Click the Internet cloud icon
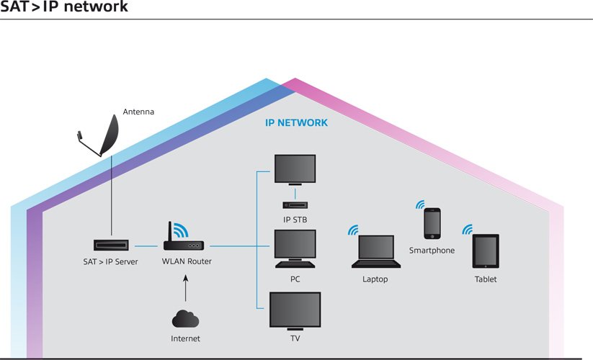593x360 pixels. [185, 318]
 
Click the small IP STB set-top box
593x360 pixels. [295, 205]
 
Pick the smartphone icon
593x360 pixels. [432, 223]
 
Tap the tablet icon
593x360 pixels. [486, 251]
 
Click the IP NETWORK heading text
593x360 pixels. [297, 123]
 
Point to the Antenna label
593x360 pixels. [138, 112]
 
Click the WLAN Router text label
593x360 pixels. [187, 261]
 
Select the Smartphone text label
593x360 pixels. [432, 251]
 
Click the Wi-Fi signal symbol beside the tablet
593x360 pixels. [468, 230]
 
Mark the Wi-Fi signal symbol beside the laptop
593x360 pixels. [352, 230]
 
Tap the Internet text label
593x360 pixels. [185, 338]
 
